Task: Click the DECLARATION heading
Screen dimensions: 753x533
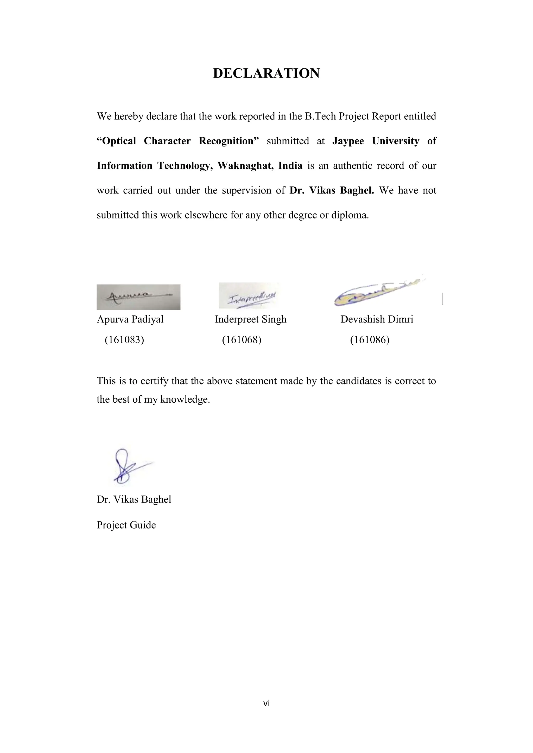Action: [266, 73]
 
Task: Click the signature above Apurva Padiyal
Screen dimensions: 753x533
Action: [138, 297]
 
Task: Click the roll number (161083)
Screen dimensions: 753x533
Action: [124, 340]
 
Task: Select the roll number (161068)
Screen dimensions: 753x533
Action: [242, 340]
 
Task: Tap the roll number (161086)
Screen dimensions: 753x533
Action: [370, 340]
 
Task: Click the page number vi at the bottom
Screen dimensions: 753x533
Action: [266, 703]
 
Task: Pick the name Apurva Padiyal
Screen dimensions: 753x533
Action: [130, 319]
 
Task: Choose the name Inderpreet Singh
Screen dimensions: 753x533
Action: [250, 319]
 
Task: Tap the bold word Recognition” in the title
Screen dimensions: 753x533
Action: [229, 141]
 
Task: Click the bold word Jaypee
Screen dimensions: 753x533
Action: [348, 141]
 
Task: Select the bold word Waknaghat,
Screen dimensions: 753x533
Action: [245, 166]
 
